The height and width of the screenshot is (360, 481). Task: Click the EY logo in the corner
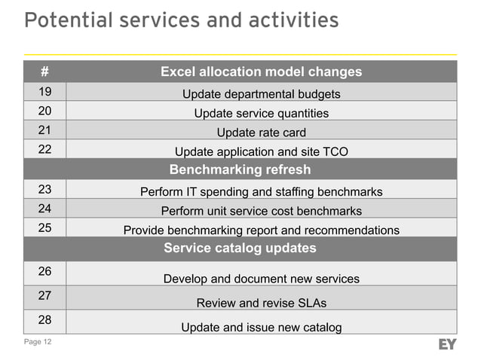447,344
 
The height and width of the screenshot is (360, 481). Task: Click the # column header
44,72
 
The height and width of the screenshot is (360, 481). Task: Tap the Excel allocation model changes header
261,72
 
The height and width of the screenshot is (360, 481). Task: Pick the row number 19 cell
44,92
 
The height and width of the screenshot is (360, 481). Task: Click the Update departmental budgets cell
261,94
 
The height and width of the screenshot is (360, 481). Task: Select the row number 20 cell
44,111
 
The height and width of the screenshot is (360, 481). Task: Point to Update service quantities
261,113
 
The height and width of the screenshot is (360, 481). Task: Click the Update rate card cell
261,133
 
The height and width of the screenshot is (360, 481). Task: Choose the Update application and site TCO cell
261,151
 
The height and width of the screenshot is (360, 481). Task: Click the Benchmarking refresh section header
240,169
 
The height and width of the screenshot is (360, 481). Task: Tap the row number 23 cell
44,189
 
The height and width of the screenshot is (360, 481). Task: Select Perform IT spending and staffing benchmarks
261,191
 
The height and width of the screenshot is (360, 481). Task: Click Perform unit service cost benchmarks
261,211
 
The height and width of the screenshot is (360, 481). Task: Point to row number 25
44,227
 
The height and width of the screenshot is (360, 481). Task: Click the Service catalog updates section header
240,248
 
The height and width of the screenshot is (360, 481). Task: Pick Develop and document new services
261,279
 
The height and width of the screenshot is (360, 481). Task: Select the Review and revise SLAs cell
261,303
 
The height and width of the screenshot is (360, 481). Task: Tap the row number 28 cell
44,320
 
